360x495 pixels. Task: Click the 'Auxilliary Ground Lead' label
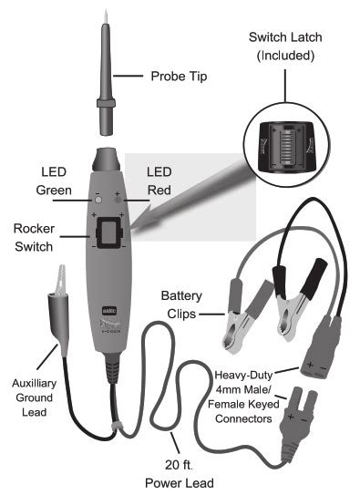33,397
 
